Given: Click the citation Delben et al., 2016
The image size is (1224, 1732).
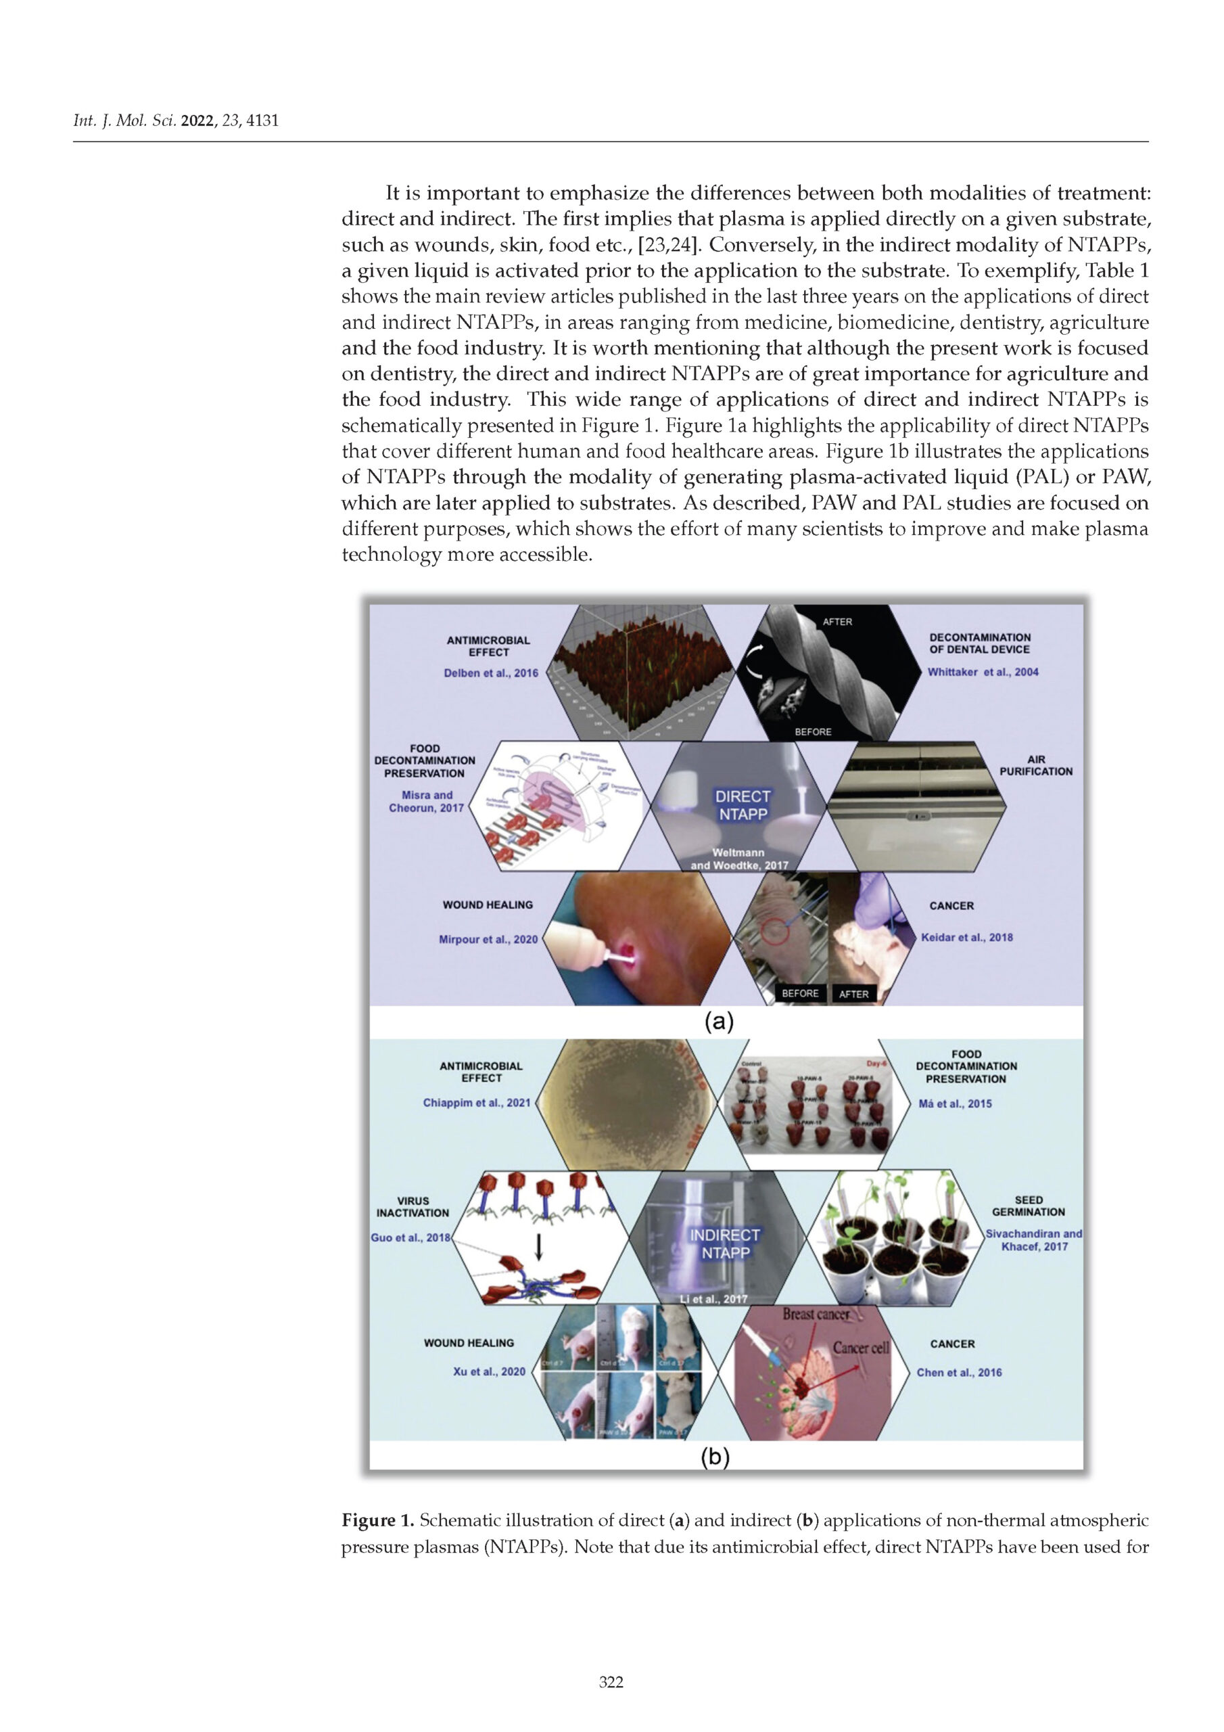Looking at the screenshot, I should coord(491,673).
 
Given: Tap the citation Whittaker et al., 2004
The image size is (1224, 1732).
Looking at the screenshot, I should coord(983,671).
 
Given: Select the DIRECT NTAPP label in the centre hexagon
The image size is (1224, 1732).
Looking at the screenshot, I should coord(743,805).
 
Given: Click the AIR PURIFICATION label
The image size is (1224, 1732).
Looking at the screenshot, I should coord(1035,765).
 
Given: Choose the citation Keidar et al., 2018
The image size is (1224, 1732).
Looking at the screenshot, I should coord(967,937).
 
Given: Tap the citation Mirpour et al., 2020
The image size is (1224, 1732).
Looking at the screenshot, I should coord(488,939).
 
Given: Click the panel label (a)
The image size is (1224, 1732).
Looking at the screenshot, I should coord(718,1022).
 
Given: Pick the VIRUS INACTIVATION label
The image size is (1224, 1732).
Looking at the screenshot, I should coord(413,1206).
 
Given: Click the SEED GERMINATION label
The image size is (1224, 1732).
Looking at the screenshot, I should coord(1029,1206).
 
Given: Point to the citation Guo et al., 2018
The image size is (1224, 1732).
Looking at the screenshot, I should coord(410,1237).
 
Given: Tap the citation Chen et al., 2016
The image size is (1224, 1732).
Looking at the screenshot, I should coord(960,1372).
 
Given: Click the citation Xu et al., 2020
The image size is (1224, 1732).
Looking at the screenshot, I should coord(489,1371).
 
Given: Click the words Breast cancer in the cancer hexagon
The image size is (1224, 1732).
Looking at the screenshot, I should coord(816,1313).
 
